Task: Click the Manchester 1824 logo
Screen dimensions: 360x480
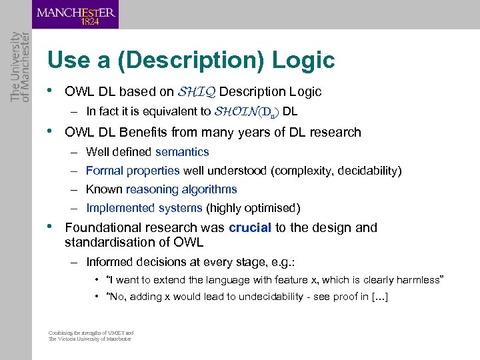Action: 75,15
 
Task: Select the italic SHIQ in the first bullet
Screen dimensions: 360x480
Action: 196,92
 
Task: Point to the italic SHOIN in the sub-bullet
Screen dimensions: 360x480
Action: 234,111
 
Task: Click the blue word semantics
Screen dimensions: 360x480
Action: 182,152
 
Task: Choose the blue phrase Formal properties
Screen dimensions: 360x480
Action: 133,171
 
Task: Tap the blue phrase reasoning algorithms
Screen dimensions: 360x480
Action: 181,189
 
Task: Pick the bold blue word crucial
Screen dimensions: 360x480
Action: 250,227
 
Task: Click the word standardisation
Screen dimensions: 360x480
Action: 109,241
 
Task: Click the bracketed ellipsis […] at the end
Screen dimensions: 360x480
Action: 377,297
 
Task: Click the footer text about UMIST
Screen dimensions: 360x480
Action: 91,335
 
